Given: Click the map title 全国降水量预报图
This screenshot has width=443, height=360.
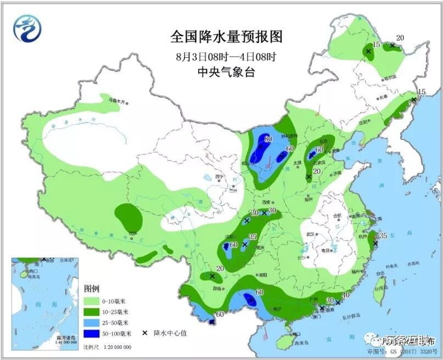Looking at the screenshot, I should [226, 37].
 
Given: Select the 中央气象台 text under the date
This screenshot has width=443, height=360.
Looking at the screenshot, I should [226, 71].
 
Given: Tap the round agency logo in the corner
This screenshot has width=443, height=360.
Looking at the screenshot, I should [27, 29].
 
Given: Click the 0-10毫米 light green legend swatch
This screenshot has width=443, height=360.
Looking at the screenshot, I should [92, 301].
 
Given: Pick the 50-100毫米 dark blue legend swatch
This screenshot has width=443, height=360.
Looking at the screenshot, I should [92, 333].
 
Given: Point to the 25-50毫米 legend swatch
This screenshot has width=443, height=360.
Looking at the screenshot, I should [92, 323].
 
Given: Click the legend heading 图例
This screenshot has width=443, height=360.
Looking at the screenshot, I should [91, 289].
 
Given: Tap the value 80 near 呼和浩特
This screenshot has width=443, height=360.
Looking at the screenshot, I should [268, 139].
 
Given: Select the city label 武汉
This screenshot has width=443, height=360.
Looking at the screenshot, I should [311, 234].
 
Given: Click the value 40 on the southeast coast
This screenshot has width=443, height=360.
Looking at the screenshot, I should [346, 295].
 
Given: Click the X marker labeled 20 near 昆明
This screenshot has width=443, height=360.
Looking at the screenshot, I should [212, 275].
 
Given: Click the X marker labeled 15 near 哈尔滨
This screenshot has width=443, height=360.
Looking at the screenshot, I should [368, 52].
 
